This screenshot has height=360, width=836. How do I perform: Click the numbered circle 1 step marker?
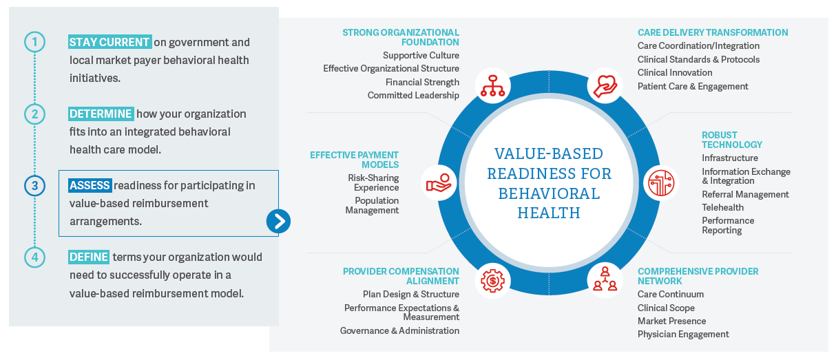(34, 42)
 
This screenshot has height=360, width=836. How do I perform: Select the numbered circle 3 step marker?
(34, 185)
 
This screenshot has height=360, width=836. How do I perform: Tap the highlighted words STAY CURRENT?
(109, 42)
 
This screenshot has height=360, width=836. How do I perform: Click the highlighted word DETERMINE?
(101, 114)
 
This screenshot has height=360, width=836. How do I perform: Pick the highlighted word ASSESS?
(90, 185)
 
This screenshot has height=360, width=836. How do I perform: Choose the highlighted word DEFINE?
(89, 257)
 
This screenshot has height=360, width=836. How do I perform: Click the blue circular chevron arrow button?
(278, 221)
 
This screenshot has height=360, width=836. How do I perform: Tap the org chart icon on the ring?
(492, 86)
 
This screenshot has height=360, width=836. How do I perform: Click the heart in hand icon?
(604, 86)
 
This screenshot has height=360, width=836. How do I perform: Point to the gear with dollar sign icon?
(492, 279)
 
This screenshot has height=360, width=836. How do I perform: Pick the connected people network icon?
(604, 279)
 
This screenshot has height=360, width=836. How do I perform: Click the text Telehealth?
(722, 207)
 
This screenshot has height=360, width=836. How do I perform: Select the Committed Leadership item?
(413, 95)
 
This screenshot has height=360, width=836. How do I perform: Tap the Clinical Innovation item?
(675, 72)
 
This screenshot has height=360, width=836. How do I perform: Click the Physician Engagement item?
(683, 334)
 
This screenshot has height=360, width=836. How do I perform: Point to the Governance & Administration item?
(399, 330)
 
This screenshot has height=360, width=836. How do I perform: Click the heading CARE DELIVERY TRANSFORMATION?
(713, 32)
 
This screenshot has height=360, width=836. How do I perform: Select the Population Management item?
(373, 205)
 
